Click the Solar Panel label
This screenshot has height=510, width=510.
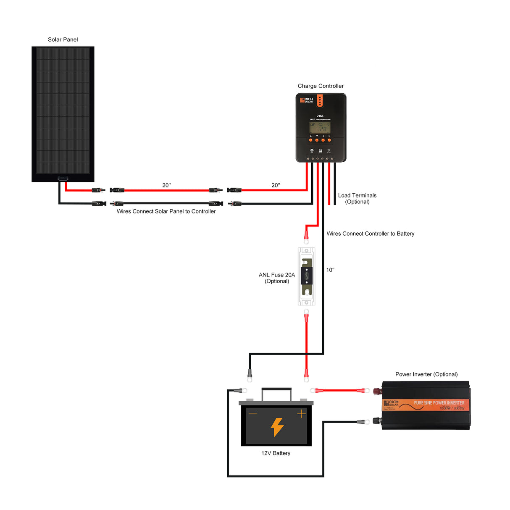[63, 39]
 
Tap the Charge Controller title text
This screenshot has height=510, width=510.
[321, 86]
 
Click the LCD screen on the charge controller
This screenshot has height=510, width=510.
[320, 128]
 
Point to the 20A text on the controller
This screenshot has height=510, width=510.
[320, 116]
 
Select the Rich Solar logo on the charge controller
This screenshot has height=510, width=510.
[307, 100]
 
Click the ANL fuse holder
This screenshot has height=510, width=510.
[307, 276]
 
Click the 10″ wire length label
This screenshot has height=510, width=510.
[330, 270]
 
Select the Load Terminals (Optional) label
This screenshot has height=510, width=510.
[357, 198]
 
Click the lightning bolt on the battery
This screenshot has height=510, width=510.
[277, 427]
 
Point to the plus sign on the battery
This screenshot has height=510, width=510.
[301, 414]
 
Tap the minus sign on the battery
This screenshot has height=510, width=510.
[252, 413]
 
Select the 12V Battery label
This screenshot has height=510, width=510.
[276, 453]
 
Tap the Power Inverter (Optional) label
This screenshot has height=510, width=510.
[426, 374]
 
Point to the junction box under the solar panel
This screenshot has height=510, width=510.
[63, 178]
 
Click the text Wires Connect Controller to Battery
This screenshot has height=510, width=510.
[370, 234]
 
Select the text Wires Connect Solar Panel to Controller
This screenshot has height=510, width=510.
[166, 211]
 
